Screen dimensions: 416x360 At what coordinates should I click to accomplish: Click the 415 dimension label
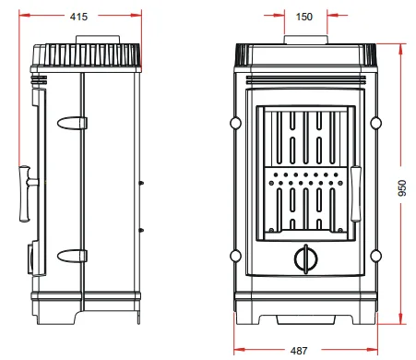pyautogui.click(x=78, y=17)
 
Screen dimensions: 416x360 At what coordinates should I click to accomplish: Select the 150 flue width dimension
pyautogui.click(x=304, y=17)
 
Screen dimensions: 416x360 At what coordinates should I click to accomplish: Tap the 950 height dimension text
pyautogui.click(x=402, y=187)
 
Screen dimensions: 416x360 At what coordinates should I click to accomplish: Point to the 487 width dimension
pyautogui.click(x=299, y=351)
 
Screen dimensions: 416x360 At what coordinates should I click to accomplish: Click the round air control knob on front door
pyautogui.click(x=305, y=258)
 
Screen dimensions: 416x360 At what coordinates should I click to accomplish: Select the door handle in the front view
pyautogui.click(x=356, y=194)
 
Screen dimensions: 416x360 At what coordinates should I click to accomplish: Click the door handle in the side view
pyautogui.click(x=27, y=194)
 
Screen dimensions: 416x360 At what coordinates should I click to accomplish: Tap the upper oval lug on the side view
pyautogui.click(x=72, y=123)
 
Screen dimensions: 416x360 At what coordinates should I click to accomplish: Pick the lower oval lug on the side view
pyautogui.click(x=72, y=256)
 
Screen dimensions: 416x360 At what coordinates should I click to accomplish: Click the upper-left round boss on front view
pyautogui.click(x=235, y=123)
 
